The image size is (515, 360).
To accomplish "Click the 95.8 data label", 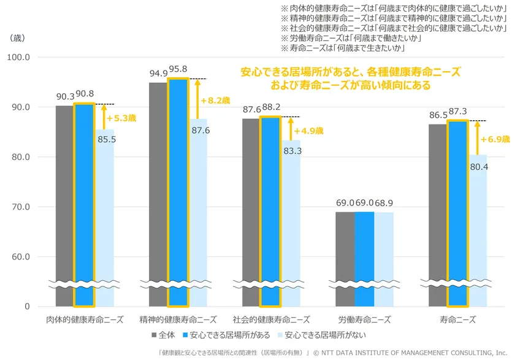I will tap(178, 70).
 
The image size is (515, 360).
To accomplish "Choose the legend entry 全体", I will tap(162, 335).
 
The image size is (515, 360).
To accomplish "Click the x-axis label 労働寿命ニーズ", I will tap(364, 320).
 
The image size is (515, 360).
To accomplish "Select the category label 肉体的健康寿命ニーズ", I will tap(85, 320).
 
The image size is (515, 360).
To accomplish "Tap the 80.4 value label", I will tap(478, 167).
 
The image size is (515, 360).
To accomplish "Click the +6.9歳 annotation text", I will tap(497, 140).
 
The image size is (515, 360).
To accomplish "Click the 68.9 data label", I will tap(384, 202).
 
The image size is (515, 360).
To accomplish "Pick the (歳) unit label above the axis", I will tap(17, 38).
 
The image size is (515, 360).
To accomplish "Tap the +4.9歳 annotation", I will tap(308, 131).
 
